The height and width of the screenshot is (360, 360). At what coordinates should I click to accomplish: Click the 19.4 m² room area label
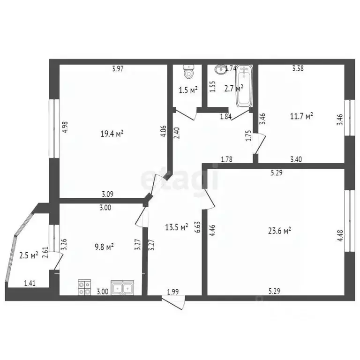pos(112,134)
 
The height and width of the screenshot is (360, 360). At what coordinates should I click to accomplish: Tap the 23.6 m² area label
pos(280,230)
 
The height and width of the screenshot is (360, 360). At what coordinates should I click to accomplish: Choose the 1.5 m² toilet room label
pos(188,90)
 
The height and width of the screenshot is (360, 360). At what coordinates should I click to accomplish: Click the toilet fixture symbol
pos(189,72)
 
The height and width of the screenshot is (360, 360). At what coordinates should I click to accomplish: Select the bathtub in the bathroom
pos(245,85)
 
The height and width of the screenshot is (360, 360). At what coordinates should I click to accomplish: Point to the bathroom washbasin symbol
pos(219,69)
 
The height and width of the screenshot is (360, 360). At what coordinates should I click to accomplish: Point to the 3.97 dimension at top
pos(117,69)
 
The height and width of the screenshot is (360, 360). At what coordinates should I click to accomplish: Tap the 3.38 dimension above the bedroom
pos(298,68)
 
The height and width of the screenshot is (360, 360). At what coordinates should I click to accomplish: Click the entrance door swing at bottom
pos(178,303)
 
